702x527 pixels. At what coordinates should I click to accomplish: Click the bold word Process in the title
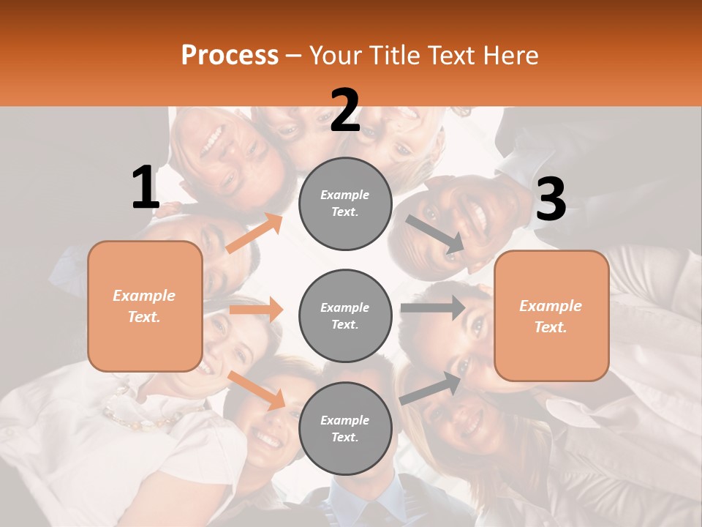(x=230, y=55)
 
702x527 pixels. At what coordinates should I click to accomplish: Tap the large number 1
(x=146, y=187)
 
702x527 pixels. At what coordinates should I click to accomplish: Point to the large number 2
(x=345, y=111)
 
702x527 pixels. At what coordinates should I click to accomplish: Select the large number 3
(x=551, y=199)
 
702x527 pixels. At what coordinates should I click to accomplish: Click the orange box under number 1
(x=145, y=306)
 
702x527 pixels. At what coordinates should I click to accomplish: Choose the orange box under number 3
(x=551, y=315)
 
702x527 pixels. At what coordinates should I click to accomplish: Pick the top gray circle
(x=345, y=203)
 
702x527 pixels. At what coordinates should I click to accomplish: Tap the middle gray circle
(x=345, y=315)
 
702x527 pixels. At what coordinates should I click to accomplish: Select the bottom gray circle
(x=345, y=428)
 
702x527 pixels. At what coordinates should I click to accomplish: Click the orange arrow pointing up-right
(x=254, y=233)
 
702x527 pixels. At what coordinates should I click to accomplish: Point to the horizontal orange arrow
(x=256, y=310)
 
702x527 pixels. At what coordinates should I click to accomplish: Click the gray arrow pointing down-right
(x=435, y=234)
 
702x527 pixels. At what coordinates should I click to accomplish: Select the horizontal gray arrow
(x=432, y=307)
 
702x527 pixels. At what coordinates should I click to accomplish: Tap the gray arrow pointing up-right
(x=431, y=389)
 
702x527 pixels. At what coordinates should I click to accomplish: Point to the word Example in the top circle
(x=345, y=195)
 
